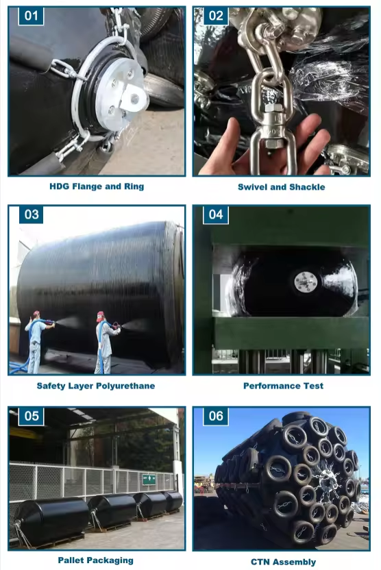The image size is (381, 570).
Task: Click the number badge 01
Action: [x=31, y=16]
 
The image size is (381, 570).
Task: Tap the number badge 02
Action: [x=216, y=16]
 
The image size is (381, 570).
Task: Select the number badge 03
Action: [x=31, y=214]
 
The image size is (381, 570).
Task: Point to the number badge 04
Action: [x=216, y=214]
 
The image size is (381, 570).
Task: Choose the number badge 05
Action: [x=31, y=416]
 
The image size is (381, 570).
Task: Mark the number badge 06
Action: [x=216, y=416]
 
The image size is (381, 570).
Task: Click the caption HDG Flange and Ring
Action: [x=97, y=186]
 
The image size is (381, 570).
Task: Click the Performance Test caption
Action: [x=283, y=386]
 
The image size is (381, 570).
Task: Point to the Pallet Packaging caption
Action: [x=96, y=560]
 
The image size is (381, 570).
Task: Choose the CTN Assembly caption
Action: [x=283, y=562]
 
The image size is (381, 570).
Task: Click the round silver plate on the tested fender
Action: [x=306, y=282]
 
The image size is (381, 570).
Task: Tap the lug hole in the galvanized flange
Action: [x=135, y=98]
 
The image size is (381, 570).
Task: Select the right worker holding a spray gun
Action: [x=104, y=343]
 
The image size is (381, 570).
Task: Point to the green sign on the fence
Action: [x=149, y=479]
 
